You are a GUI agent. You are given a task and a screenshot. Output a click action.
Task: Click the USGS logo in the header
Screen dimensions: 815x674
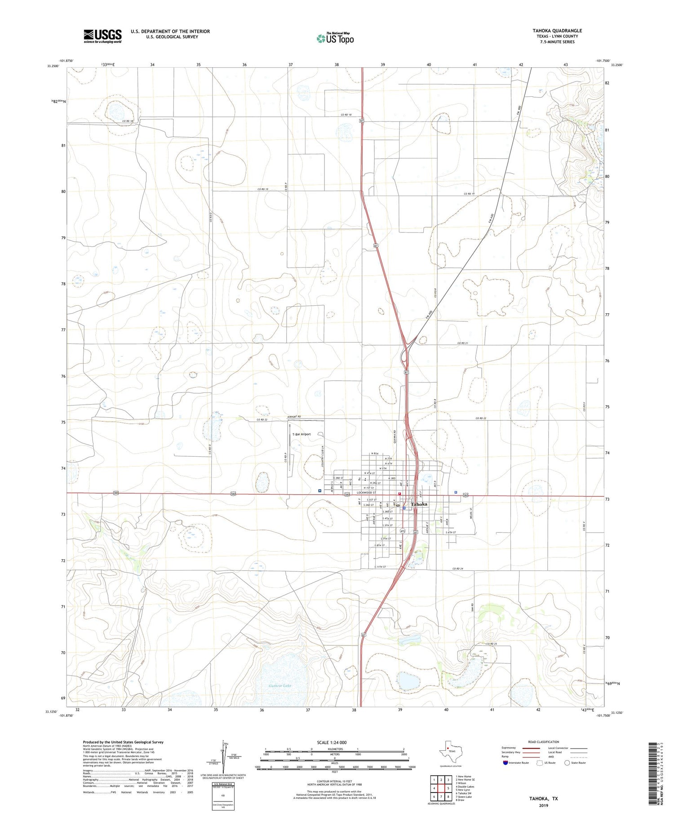tap(102, 36)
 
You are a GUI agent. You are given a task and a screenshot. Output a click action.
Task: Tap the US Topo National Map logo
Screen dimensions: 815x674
tap(335, 38)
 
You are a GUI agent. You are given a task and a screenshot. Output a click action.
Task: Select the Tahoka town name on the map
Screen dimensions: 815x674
tap(419, 504)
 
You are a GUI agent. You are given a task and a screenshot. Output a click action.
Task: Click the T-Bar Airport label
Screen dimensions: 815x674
tap(302, 434)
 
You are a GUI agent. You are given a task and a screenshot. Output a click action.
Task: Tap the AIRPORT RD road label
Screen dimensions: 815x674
tap(294, 417)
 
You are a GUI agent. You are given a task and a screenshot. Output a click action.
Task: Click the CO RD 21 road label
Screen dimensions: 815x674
tap(463, 343)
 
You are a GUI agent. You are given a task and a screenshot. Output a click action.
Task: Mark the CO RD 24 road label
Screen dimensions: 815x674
tap(457, 569)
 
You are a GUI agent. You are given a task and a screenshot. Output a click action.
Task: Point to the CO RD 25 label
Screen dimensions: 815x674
tap(491, 644)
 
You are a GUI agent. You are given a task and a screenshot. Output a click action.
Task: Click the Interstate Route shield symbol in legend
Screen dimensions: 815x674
tap(505, 763)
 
